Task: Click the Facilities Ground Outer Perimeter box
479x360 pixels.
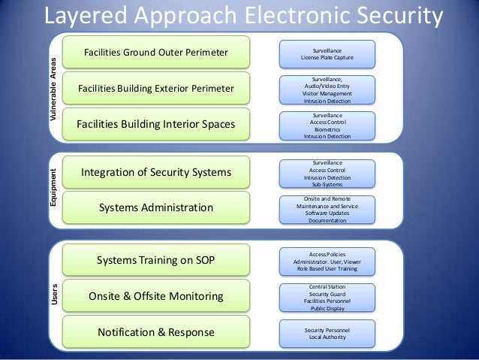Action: [156, 53]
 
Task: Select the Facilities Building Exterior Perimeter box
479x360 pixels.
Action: [156, 89]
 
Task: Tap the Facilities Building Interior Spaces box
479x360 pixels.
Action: [156, 124]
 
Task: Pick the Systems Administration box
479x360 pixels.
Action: [156, 207]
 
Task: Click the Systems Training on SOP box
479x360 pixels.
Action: [156, 261]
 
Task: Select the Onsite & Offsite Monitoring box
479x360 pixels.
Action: [156, 296]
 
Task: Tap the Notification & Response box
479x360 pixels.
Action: [156, 331]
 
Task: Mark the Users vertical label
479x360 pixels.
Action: [53, 295]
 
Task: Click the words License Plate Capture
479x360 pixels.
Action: [327, 57]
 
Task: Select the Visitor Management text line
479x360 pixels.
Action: [327, 93]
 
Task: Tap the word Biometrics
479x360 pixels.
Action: [327, 129]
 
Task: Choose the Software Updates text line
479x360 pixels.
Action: [327, 213]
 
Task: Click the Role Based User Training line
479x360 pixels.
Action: [327, 268]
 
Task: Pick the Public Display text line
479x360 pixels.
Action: [327, 307]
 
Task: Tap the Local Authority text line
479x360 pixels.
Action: [327, 337]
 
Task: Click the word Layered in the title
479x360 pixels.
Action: [84, 16]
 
